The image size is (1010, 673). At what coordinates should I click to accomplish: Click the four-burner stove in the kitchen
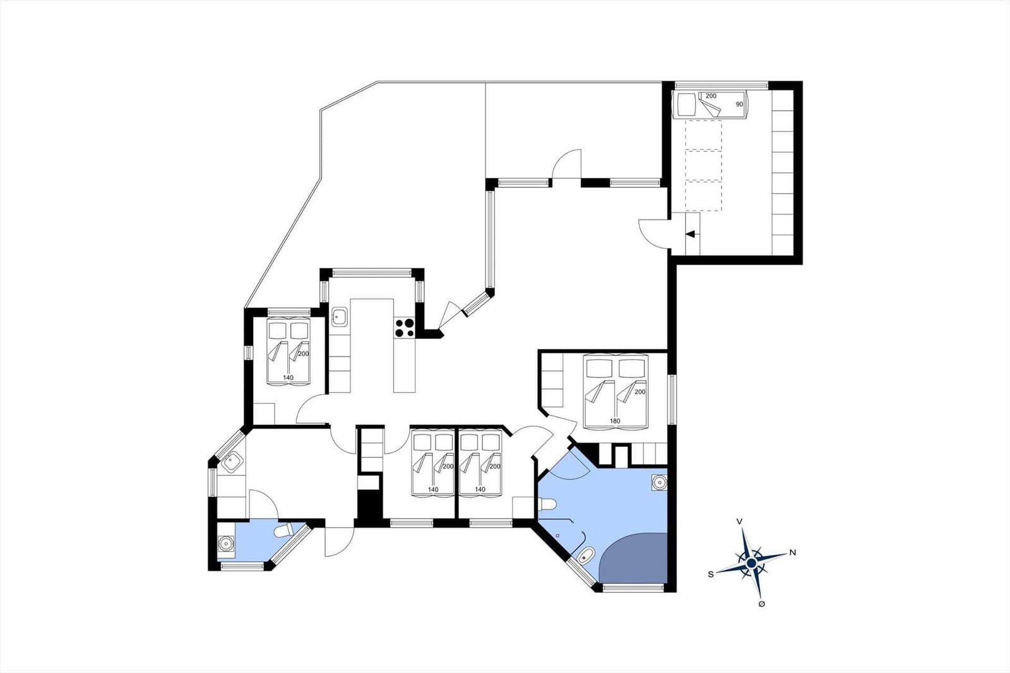405,328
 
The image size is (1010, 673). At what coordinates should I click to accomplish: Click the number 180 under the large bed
615,421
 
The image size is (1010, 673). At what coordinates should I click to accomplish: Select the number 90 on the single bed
739,104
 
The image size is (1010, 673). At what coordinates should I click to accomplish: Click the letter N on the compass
793,552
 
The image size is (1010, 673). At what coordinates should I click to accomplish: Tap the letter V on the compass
739,521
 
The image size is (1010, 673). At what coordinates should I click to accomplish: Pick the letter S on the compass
711,575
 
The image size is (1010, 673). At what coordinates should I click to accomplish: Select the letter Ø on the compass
761,604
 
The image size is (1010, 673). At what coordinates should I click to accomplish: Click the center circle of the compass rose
751,563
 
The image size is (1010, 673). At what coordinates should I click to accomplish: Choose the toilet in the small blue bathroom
283,530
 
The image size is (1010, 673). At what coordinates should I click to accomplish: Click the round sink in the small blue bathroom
225,544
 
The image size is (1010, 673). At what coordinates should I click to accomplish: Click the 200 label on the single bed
711,96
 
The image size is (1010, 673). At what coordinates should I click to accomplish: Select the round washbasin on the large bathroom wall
659,482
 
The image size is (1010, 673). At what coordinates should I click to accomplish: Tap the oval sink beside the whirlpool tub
585,556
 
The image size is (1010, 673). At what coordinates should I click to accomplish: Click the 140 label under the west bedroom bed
288,378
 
